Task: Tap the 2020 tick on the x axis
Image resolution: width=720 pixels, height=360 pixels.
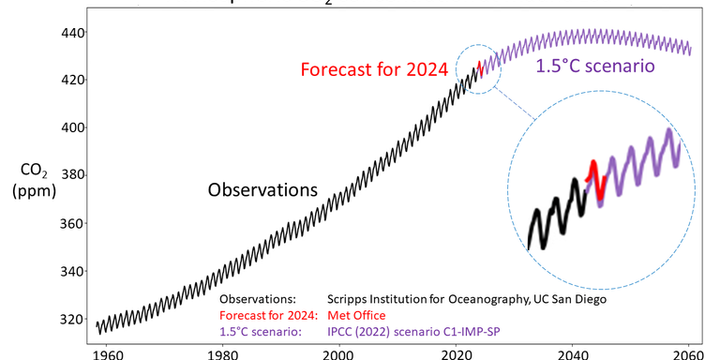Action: click(456, 352)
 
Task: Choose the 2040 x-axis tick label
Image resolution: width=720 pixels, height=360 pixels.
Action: click(573, 352)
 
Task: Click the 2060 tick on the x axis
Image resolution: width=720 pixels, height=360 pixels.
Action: click(689, 352)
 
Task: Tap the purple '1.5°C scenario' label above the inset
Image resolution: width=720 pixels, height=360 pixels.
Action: click(595, 67)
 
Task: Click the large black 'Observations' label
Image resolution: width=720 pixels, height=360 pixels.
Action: click(262, 189)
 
